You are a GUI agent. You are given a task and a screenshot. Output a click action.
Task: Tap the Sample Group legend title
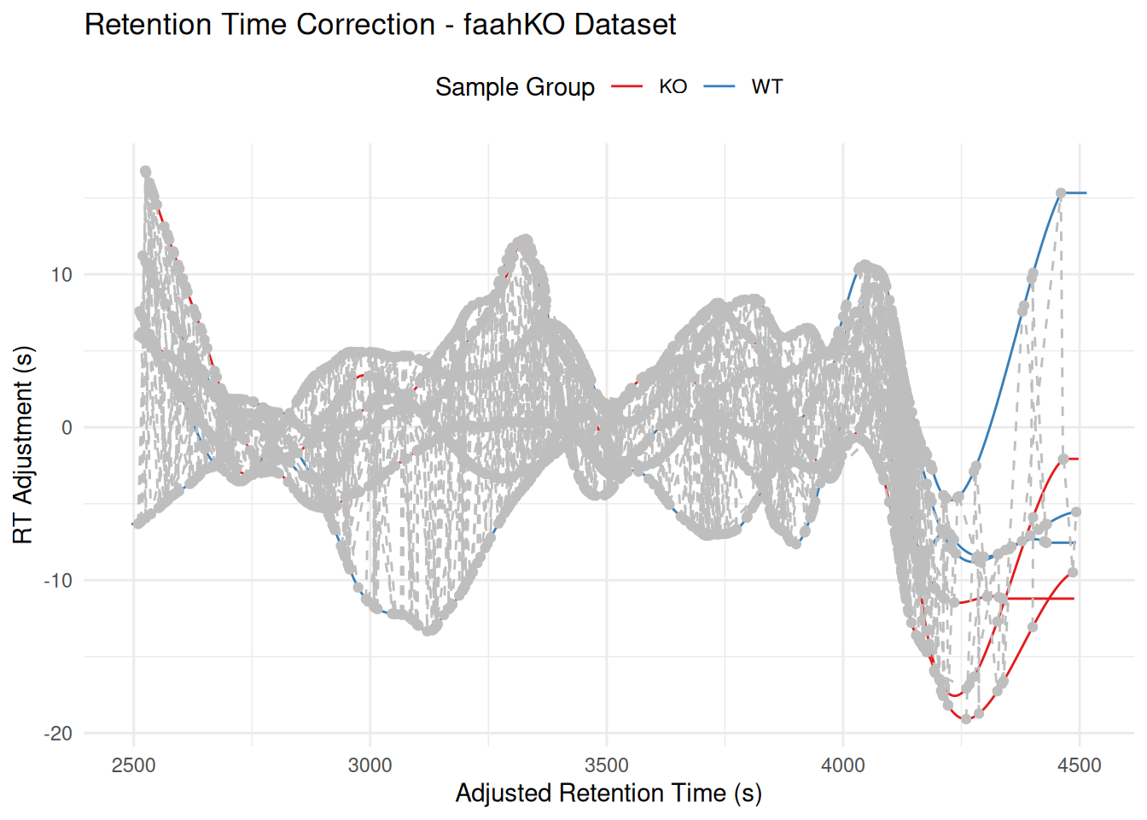pyautogui.click(x=515, y=87)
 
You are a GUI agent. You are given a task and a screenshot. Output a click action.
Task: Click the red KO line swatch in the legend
pyautogui.click(x=627, y=87)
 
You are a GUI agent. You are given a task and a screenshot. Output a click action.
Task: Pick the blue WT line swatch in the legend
pyautogui.click(x=719, y=87)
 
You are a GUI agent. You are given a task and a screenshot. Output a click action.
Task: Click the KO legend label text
pyautogui.click(x=673, y=87)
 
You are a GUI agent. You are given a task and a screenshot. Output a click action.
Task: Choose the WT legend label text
pyautogui.click(x=766, y=87)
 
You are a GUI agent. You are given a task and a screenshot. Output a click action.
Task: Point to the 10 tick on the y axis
pyautogui.click(x=61, y=275)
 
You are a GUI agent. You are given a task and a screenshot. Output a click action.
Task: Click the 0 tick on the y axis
pyautogui.click(x=67, y=428)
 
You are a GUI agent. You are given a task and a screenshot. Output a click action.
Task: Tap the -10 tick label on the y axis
pyautogui.click(x=58, y=581)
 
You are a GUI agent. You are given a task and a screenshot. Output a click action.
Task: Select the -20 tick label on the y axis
pyautogui.click(x=58, y=734)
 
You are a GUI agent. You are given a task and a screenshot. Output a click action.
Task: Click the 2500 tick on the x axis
pyautogui.click(x=134, y=765)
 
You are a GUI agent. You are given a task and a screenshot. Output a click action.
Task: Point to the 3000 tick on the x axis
pyautogui.click(x=370, y=765)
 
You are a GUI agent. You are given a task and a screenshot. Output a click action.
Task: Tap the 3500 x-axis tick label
pyautogui.click(x=607, y=765)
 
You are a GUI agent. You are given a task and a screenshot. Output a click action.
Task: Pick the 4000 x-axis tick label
pyautogui.click(x=843, y=765)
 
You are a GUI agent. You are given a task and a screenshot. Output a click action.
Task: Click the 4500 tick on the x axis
pyautogui.click(x=1080, y=765)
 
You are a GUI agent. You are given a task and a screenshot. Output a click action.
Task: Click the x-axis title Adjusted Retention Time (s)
pyautogui.click(x=608, y=794)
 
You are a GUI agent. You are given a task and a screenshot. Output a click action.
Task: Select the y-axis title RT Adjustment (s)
pyautogui.click(x=23, y=445)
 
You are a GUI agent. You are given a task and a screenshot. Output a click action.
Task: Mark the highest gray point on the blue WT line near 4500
pyautogui.click(x=1061, y=194)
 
